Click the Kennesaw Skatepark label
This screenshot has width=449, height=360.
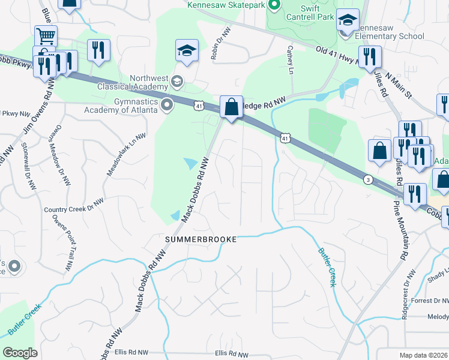coord(226,5)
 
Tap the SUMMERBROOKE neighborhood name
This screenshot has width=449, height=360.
coord(201,239)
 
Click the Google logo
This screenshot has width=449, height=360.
coord(20,353)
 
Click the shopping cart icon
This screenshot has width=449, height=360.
coord(46,35)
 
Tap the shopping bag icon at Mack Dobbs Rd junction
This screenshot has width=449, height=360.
coord(231,107)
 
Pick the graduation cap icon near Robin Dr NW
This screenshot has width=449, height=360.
coord(187,50)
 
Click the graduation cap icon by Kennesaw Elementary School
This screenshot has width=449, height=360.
coord(348,20)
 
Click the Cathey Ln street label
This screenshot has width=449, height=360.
coord(291,61)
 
